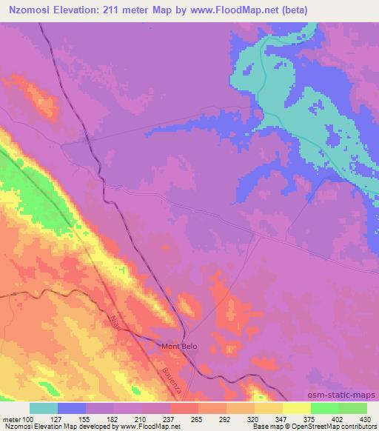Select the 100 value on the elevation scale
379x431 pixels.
point(27,418)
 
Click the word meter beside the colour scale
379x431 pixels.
point(11,418)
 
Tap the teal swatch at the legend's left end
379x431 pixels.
point(44,408)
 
